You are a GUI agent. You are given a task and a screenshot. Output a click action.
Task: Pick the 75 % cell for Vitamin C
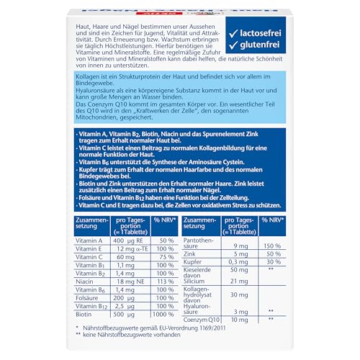coord(166,257)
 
